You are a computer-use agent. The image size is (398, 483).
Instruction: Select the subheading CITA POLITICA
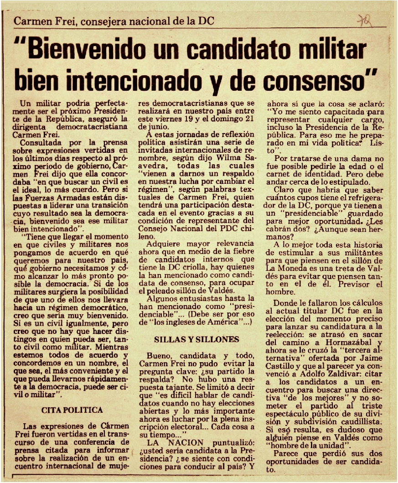72,410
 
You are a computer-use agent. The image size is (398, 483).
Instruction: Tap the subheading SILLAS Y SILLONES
196,339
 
